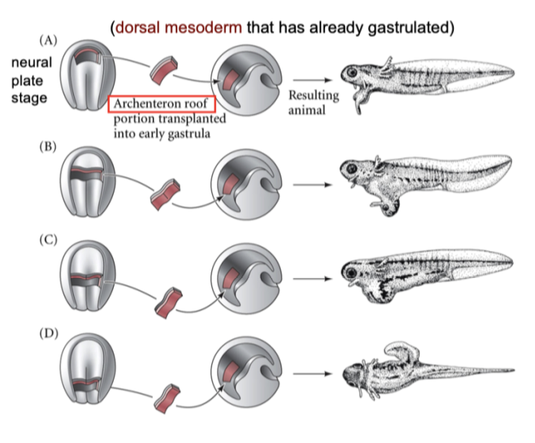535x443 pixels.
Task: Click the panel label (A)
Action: tap(48, 39)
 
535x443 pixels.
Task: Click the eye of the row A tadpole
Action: tap(351, 72)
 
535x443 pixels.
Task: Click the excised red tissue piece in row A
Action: tap(165, 68)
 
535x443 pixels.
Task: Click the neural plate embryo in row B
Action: tap(83, 187)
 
